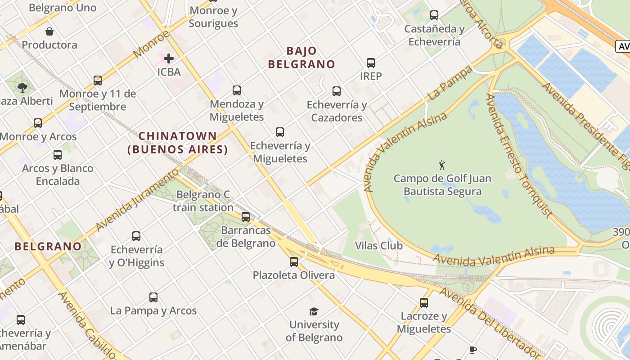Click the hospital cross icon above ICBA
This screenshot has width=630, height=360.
pyautogui.click(x=169, y=58)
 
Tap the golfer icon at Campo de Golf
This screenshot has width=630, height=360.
pyautogui.click(x=442, y=165)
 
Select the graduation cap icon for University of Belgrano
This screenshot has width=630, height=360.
pyautogui.click(x=314, y=311)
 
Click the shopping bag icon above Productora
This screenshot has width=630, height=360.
pyautogui.click(x=49, y=31)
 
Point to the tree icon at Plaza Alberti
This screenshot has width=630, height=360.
pyautogui.click(x=22, y=87)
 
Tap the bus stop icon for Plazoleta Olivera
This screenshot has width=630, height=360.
pyautogui.click(x=294, y=261)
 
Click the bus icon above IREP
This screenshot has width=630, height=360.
pyautogui.click(x=371, y=63)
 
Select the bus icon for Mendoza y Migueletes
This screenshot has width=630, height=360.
pyautogui.click(x=237, y=90)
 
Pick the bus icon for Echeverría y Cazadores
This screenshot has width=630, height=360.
pyautogui.click(x=337, y=91)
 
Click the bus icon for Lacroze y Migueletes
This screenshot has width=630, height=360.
pyautogui.click(x=424, y=303)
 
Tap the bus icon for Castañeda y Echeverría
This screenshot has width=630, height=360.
pyautogui.click(x=434, y=15)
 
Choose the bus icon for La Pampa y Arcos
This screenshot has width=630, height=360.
pyautogui.click(x=153, y=297)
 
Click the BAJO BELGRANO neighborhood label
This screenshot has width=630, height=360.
pyautogui.click(x=301, y=58)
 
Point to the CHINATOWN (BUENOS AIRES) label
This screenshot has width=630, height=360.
pyautogui.click(x=178, y=143)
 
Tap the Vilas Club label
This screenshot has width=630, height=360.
pyautogui.click(x=379, y=246)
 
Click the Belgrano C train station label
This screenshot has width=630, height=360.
pyautogui.click(x=203, y=201)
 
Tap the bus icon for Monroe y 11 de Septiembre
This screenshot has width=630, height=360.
pyautogui.click(x=98, y=81)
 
